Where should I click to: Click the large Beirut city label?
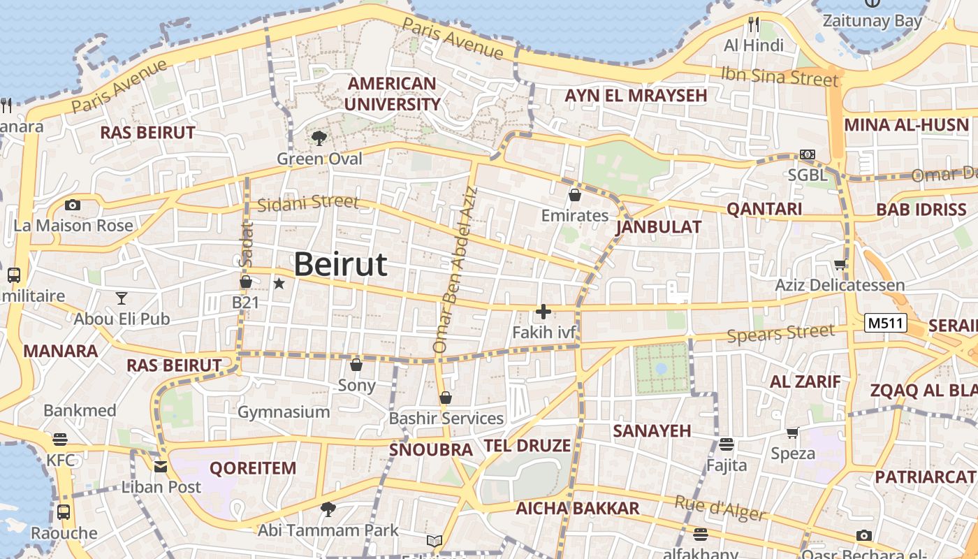point(340,265)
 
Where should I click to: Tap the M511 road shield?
point(885,323)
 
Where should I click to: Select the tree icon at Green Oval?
point(319,138)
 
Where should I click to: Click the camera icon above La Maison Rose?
point(72,205)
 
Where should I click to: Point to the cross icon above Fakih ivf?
point(543,312)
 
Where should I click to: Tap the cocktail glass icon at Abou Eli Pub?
point(122,298)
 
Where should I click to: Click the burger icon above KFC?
point(61,440)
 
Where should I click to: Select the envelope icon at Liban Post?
point(161,466)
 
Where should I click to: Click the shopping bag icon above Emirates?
point(575,195)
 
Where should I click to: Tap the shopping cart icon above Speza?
point(792,433)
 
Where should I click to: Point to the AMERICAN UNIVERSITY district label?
point(393,94)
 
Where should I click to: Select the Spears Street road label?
point(780,335)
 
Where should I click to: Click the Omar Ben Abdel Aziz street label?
point(455,269)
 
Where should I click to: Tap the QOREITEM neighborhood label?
point(253,468)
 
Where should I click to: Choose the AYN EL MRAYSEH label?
point(636,96)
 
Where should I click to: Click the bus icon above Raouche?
point(64,511)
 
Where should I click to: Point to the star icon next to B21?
point(279,283)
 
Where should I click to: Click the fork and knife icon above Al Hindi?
point(753,24)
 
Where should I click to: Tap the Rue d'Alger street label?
point(720,508)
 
